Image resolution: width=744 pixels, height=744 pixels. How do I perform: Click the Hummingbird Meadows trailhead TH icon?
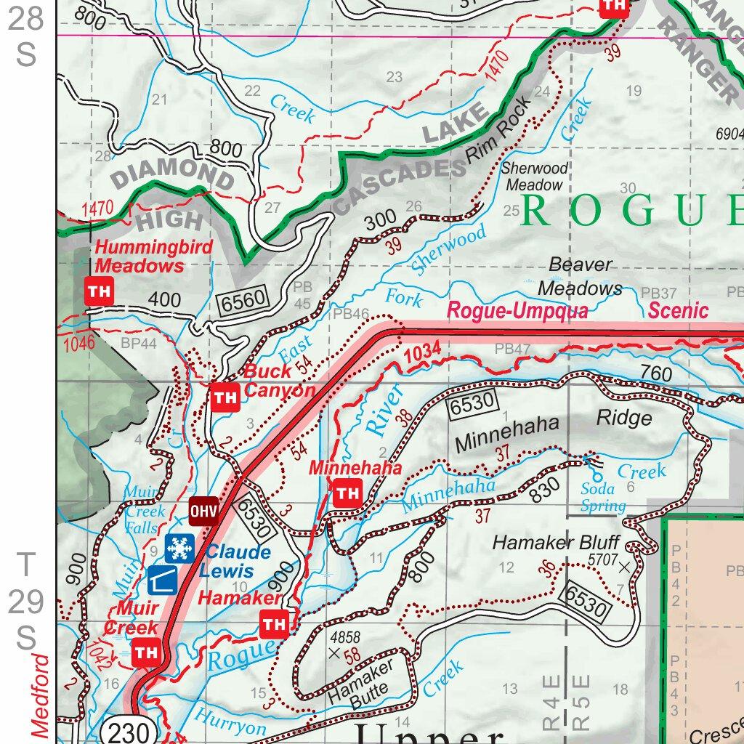coord(99,291)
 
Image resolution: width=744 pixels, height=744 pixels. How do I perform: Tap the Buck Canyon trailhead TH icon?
coord(225,397)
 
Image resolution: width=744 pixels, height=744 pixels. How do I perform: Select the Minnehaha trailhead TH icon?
coord(347,493)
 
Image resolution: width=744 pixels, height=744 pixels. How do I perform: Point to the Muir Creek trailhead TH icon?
coord(147,652)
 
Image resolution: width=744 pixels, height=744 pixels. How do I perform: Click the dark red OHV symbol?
coord(203,511)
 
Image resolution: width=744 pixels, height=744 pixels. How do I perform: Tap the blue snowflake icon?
coord(179,549)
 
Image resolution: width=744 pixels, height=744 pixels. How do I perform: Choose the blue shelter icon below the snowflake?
coord(161,580)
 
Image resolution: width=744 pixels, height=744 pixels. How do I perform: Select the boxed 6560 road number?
coord(245,297)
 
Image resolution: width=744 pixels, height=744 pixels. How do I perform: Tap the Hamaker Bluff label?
coord(556,543)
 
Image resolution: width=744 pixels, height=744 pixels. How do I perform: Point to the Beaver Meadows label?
coord(580,277)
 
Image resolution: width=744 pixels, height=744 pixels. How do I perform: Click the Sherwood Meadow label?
coord(535,177)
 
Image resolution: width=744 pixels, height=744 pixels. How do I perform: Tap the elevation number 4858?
coord(345,637)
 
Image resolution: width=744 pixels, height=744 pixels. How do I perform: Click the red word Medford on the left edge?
coord(41,695)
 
